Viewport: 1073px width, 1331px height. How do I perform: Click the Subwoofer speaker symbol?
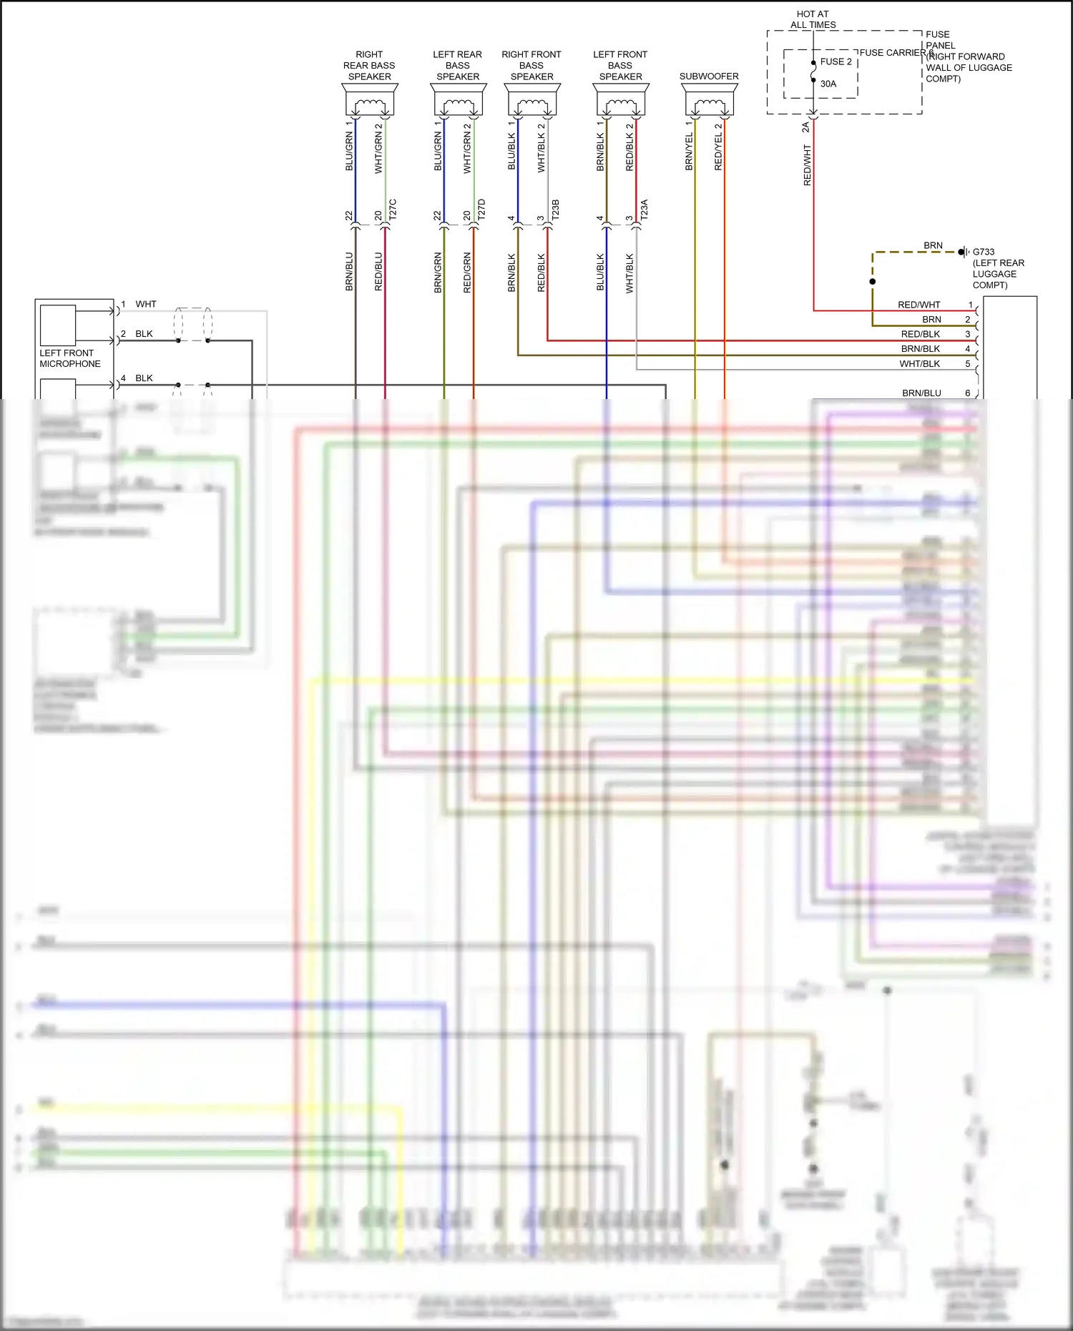point(709,100)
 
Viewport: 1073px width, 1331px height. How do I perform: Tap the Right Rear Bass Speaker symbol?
point(370,100)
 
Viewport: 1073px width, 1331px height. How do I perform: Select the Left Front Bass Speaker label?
point(620,65)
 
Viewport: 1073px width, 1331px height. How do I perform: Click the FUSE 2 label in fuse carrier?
point(836,62)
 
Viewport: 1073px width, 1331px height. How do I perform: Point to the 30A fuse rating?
point(828,84)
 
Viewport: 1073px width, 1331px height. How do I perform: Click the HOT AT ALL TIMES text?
point(813,19)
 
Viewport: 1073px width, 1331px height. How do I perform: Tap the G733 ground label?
point(984,252)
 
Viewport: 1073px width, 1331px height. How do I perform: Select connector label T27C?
point(393,209)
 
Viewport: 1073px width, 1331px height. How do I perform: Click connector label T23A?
point(644,209)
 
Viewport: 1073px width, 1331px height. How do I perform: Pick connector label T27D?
point(481,209)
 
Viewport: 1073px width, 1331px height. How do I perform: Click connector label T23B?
point(556,209)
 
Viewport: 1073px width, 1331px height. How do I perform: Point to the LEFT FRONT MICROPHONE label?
point(69,358)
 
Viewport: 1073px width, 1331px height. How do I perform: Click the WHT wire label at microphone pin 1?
point(146,304)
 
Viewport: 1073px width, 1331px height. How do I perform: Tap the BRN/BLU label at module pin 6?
point(921,393)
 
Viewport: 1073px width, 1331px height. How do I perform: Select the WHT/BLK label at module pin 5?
point(919,363)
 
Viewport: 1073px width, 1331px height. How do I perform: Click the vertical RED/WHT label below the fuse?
point(808,165)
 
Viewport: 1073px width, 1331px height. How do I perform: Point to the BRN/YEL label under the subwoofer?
point(689,151)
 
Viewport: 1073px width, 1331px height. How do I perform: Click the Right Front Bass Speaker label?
point(531,65)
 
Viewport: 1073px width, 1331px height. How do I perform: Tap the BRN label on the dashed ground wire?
point(933,245)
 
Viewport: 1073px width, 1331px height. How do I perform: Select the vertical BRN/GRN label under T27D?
point(438,272)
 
